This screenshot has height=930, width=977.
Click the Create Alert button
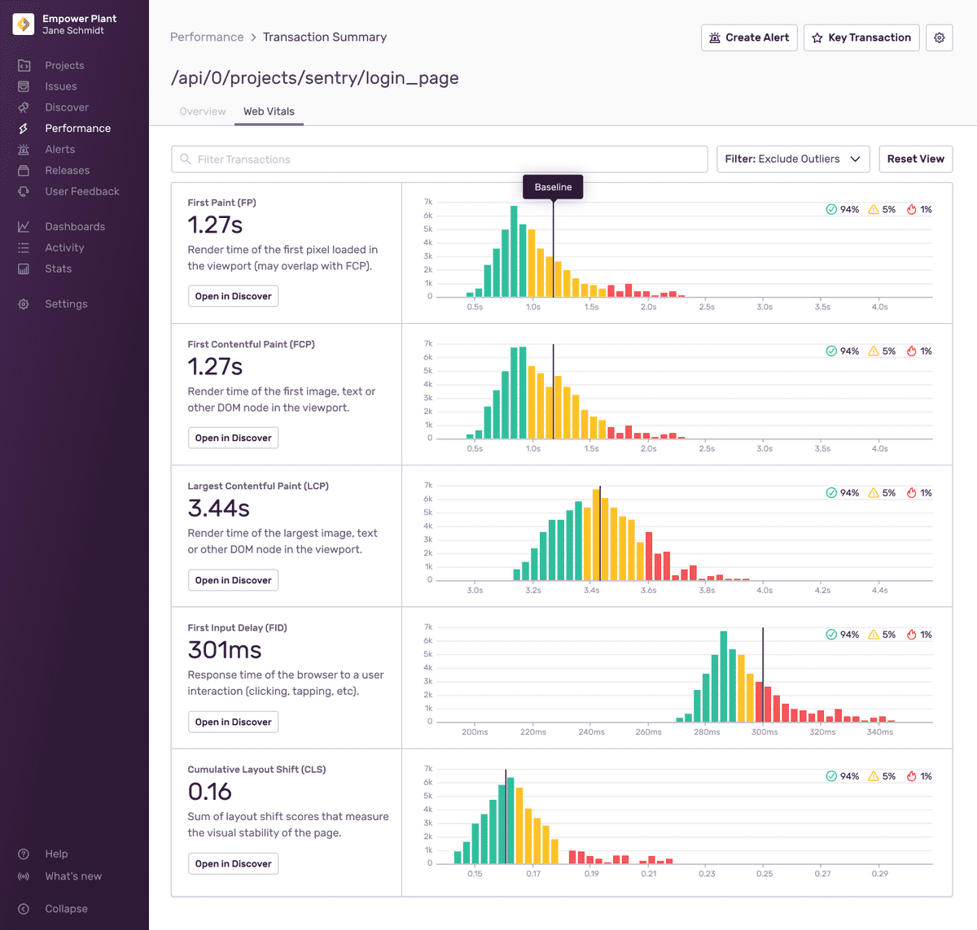pos(749,37)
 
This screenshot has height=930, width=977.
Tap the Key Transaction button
pos(861,37)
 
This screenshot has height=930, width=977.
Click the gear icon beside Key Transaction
pos(939,37)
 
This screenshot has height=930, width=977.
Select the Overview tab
pos(203,111)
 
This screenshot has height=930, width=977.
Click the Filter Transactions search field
pos(440,159)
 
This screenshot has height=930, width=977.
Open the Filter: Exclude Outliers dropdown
pos(792,159)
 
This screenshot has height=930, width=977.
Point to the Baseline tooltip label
pos(553,187)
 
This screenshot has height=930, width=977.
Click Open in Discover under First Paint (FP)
pos(233,296)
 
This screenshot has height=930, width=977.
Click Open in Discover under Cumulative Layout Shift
pos(233,864)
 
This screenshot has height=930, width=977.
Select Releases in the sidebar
pos(67,171)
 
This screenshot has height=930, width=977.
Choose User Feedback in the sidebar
pos(81,192)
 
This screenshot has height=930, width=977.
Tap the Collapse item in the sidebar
pos(66,909)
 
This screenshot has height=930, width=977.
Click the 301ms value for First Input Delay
pos(225,650)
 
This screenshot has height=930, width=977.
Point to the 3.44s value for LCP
pos(219,509)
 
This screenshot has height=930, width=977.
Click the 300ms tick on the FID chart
pos(765,732)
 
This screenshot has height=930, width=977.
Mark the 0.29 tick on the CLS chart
pos(879,874)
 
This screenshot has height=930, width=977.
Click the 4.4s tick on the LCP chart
pos(879,591)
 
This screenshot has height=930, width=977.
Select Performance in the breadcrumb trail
pos(207,37)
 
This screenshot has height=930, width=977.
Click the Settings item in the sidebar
pos(66,304)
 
